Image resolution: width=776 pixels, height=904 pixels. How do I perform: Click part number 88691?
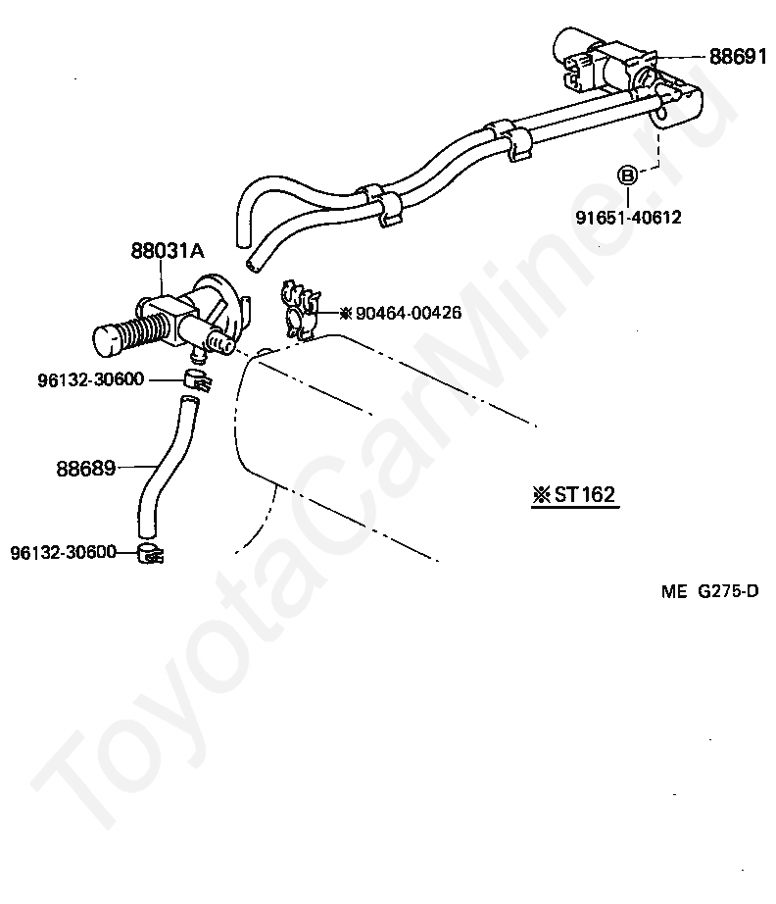point(738,57)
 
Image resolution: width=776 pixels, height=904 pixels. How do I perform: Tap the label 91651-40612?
point(628,218)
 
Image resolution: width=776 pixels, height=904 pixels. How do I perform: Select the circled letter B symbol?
point(627,176)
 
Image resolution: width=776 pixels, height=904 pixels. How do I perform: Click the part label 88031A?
point(168,251)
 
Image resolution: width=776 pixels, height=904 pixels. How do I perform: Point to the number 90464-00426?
point(409,313)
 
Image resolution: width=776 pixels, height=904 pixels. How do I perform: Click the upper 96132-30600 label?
point(90,379)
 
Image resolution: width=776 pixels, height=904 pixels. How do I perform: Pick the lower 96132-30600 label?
point(64,552)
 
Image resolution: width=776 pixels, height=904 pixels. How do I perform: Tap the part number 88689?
point(86,468)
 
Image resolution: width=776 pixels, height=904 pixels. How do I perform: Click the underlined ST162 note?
point(575,495)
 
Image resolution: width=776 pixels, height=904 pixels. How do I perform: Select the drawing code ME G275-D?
point(709,591)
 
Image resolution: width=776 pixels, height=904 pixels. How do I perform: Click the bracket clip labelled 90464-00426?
point(300,310)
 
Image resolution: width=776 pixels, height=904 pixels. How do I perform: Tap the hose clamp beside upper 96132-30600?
point(198,380)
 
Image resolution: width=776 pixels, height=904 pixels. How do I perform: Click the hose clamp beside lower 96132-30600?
point(150,553)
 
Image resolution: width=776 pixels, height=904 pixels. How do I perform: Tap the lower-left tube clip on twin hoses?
point(380,205)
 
